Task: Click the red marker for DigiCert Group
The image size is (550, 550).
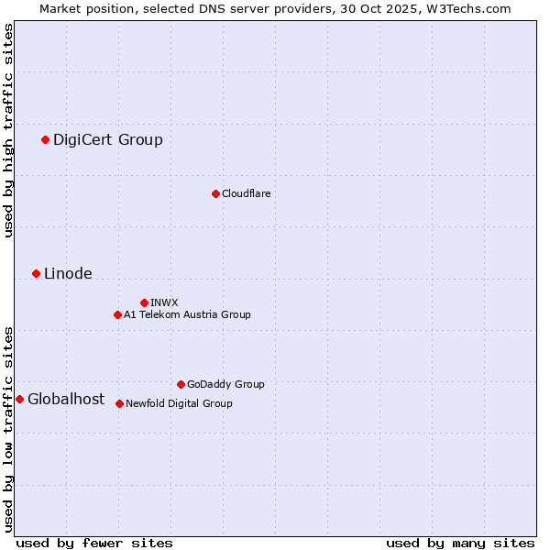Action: (45, 139)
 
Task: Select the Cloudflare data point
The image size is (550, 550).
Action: (215, 193)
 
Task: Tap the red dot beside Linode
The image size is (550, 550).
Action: (36, 273)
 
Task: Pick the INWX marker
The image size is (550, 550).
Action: (144, 302)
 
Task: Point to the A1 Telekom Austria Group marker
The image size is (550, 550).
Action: (117, 314)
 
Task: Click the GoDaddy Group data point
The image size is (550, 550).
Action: (181, 384)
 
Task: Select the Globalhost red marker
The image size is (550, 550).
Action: (19, 399)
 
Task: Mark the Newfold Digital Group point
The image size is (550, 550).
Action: (119, 403)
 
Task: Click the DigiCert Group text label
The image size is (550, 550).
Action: (108, 139)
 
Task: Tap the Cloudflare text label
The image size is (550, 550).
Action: (246, 193)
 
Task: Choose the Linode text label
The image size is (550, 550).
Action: (68, 273)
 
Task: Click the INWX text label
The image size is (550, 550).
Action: (164, 302)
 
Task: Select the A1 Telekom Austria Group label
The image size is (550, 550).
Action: (187, 314)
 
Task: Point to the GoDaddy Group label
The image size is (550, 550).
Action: (225, 384)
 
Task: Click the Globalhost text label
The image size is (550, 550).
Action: (66, 399)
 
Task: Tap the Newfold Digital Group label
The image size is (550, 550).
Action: (179, 403)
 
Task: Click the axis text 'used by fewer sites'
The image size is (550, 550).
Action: (94, 543)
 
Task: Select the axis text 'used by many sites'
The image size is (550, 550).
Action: (460, 543)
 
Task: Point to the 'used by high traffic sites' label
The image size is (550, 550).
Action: (8, 130)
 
